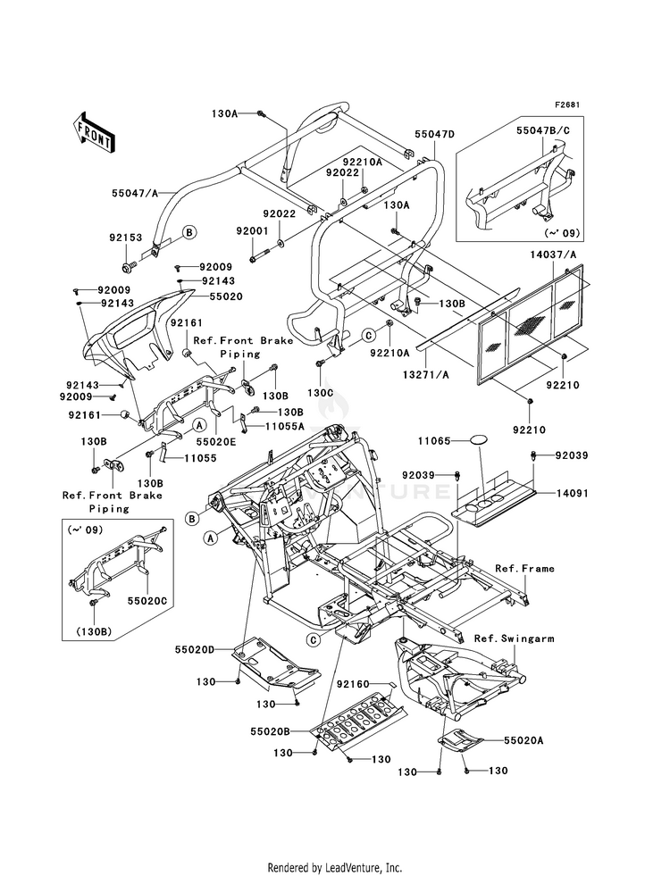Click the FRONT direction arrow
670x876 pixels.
click(94, 132)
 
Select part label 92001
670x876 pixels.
click(252, 230)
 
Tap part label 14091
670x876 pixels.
click(572, 493)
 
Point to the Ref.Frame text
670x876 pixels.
click(524, 568)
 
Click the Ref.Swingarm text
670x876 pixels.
click(514, 638)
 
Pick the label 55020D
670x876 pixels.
click(195, 649)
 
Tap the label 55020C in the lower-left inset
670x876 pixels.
click(147, 601)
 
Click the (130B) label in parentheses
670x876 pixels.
click(93, 632)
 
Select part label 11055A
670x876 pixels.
click(284, 426)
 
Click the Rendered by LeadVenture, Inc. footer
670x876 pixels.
click(335, 867)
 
